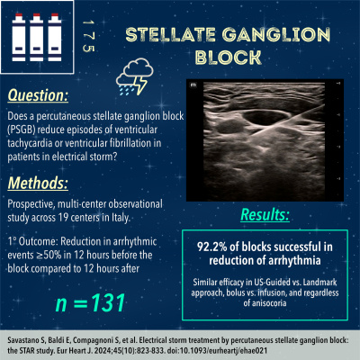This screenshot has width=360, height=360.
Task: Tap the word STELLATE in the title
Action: [x=168, y=35]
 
